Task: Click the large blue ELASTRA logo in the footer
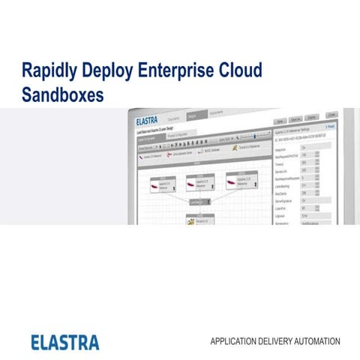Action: (x=65, y=342)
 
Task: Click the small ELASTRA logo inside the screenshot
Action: (x=148, y=120)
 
